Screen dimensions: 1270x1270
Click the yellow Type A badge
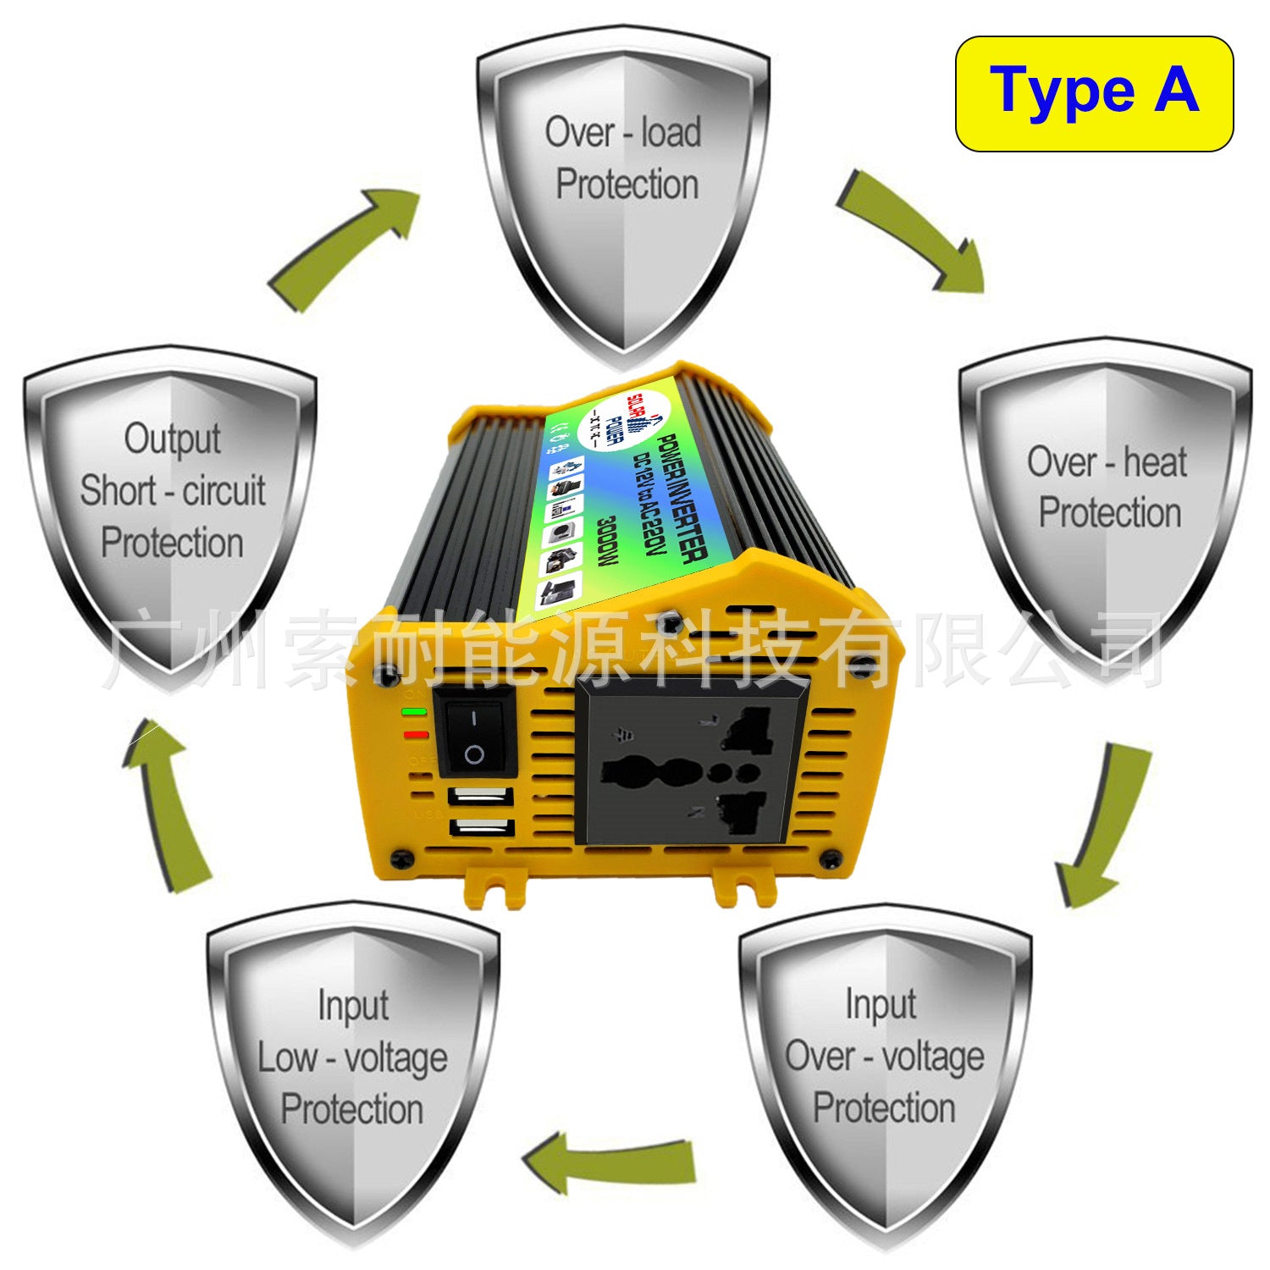point(1094,93)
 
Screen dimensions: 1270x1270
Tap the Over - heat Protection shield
point(1106,500)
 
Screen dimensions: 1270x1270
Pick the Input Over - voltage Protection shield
point(884,1067)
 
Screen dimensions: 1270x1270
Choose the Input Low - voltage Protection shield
point(352,1067)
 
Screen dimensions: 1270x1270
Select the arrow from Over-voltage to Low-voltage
point(610,1160)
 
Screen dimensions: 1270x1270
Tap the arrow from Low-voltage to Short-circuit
point(169,804)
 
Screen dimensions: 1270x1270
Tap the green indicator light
point(415,712)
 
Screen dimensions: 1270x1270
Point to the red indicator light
point(416,734)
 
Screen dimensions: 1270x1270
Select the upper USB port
point(481,797)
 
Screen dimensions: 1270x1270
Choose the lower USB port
point(481,826)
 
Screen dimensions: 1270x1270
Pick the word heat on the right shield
point(1155,462)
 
